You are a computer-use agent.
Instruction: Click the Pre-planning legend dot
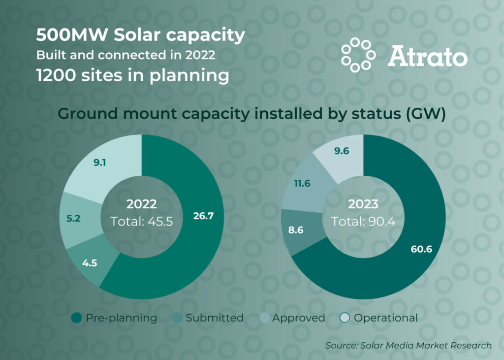point(76,318)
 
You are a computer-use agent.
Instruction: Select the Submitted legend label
point(215,318)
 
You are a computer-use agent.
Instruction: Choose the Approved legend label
point(299,318)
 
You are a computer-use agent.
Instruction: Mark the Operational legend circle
point(345,318)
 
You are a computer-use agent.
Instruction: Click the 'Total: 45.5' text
point(141,221)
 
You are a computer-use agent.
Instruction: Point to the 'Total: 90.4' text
point(363,221)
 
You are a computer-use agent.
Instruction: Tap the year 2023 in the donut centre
point(363,204)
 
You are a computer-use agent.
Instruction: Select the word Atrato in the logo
point(428,56)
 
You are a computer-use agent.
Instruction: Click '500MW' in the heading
point(72,35)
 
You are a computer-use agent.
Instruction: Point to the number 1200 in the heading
point(56,75)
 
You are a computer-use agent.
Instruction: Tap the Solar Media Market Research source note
point(409,346)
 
